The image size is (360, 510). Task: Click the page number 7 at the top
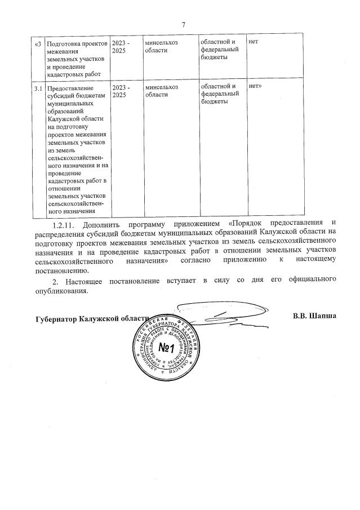tap(184, 25)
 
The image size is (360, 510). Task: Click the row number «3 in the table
tap(38, 43)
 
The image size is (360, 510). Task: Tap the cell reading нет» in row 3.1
tap(257, 87)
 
